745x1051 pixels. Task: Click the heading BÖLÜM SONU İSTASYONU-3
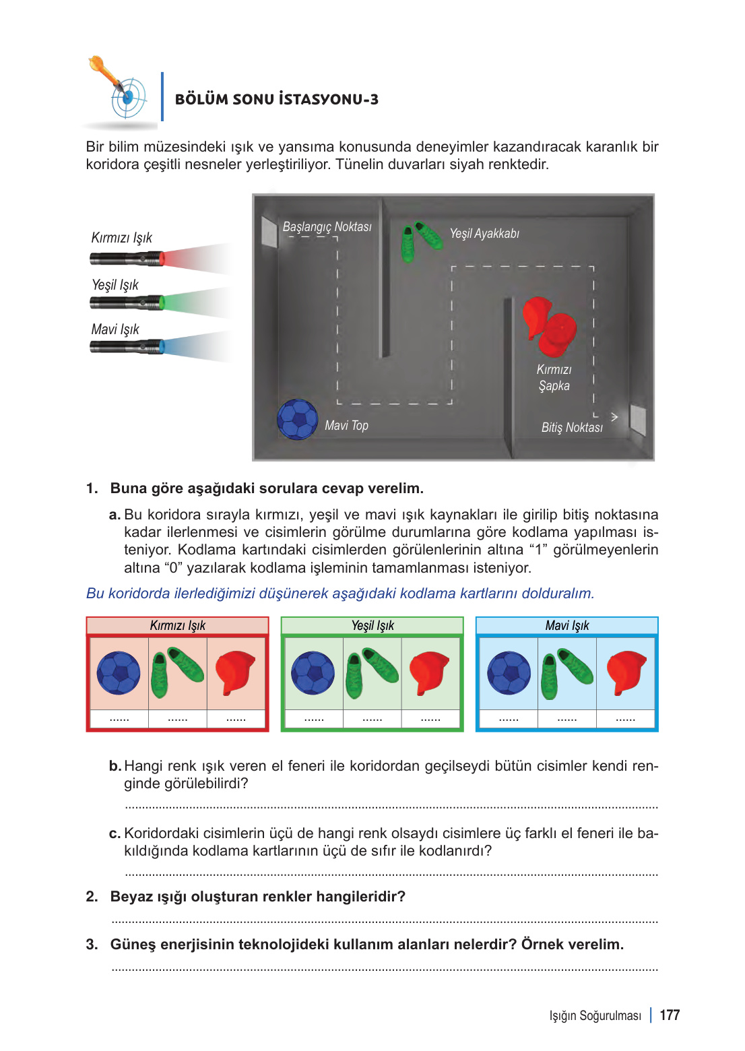276,100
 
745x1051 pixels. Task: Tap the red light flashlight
128,258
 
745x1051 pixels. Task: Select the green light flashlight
128,302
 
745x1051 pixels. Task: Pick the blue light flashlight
128,347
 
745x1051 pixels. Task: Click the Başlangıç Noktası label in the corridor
327,227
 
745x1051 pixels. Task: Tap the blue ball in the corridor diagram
297,419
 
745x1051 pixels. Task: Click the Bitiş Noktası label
572,428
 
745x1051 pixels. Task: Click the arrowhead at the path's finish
614,417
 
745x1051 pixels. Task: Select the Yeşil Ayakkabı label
484,234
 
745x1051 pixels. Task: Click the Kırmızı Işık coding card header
177,626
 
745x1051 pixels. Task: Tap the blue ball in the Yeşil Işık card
313,672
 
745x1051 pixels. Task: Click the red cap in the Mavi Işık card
626,672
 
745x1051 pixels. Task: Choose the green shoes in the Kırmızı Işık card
177,672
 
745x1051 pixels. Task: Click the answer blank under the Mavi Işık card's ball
509,720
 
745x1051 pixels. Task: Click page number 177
670,1015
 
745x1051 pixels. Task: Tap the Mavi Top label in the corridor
346,426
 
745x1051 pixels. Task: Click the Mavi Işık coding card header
566,626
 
